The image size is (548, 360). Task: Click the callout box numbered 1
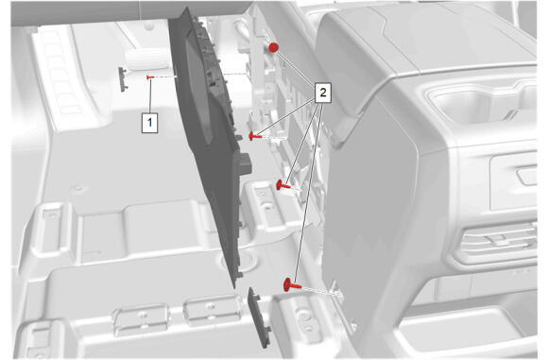click(149, 123)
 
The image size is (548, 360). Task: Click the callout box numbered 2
click(322, 93)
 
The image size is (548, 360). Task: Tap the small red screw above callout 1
click(150, 77)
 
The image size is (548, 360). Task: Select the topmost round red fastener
click(273, 47)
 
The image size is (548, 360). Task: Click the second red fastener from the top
click(255, 136)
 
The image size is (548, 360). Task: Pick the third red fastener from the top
click(283, 185)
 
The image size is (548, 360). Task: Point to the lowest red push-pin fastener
click(292, 284)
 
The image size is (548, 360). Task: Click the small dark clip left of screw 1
click(123, 79)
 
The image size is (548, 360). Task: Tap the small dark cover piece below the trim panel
click(259, 317)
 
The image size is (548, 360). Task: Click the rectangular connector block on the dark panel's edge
click(244, 163)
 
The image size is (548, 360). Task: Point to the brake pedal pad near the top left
click(146, 59)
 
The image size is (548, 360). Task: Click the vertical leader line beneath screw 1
click(150, 96)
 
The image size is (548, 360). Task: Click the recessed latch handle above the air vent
click(528, 175)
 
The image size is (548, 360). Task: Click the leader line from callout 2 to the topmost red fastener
click(296, 67)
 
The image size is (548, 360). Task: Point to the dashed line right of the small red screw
click(165, 77)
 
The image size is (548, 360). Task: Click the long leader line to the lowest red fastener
click(308, 192)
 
